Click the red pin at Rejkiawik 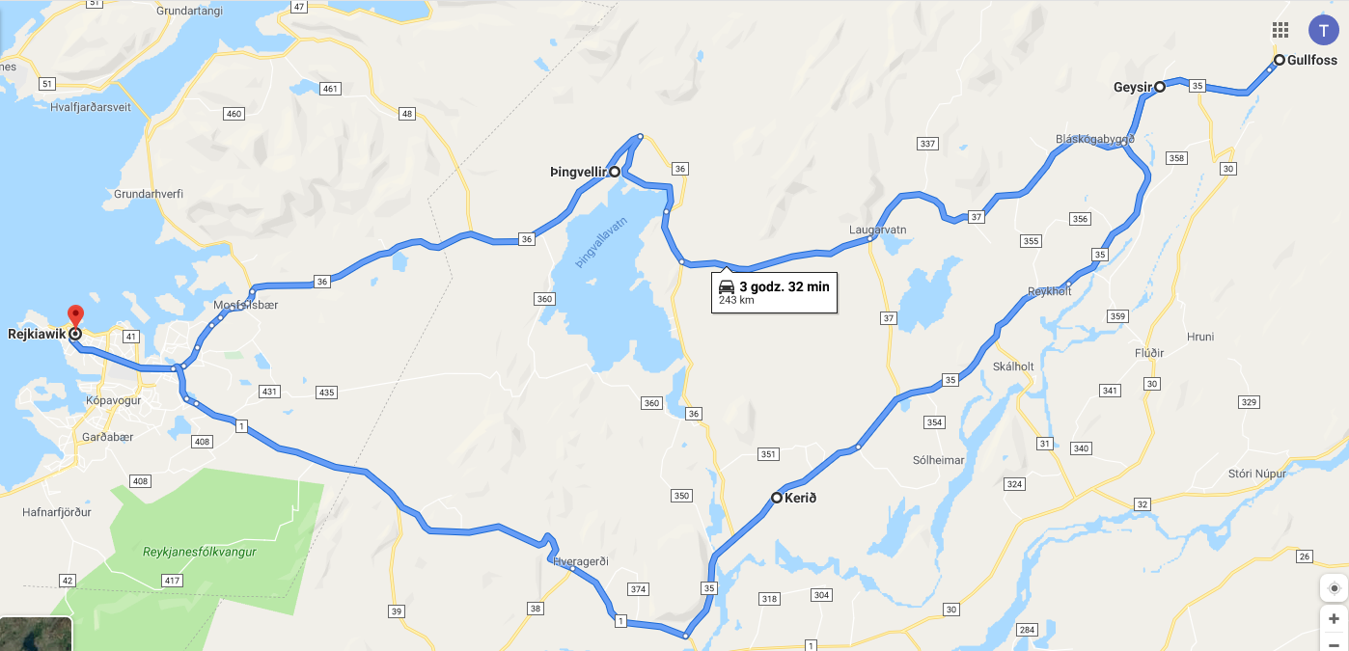(75, 315)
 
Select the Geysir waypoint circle (1160, 87)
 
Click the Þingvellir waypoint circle (615, 172)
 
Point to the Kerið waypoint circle (777, 498)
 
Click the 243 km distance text (736, 301)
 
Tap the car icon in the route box (728, 286)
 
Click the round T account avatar (1323, 30)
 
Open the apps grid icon (1280, 30)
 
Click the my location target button (1334, 588)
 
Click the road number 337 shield (927, 144)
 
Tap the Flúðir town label (1149, 353)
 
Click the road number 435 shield (326, 393)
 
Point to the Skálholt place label (1013, 366)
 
